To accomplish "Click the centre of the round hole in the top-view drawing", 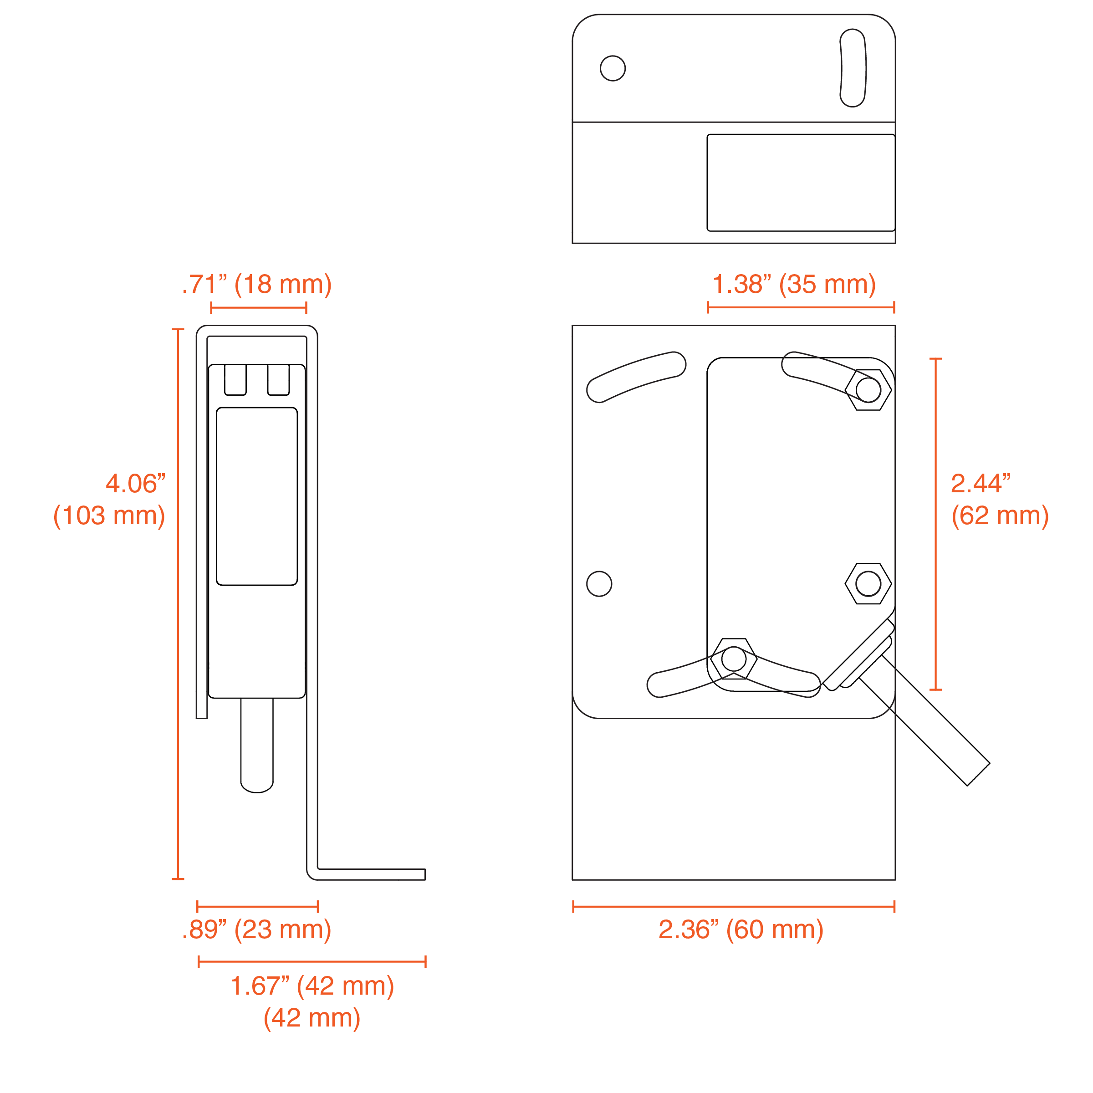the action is [x=613, y=68].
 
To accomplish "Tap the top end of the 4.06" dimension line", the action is [x=178, y=329].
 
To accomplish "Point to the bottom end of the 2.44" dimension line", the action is [x=936, y=690].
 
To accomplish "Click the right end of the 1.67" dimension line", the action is [x=425, y=962].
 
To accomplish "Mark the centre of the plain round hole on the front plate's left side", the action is [x=599, y=584].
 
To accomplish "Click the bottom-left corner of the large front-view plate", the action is [x=572, y=880].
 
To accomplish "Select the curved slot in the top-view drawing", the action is [x=853, y=68].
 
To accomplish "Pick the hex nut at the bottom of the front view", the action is [x=734, y=659].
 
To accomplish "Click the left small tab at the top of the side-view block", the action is [x=235, y=380].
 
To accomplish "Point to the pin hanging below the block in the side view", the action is [x=257, y=745].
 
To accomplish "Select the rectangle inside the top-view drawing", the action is [x=801, y=183].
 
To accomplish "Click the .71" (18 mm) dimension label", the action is [x=257, y=285].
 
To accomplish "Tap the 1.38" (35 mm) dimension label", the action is [x=794, y=285].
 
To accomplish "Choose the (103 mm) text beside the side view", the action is [x=109, y=516].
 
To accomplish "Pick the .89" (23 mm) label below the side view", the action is [x=257, y=930].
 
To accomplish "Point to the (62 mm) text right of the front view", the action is [x=1000, y=516].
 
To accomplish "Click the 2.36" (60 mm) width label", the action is [x=741, y=930].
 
